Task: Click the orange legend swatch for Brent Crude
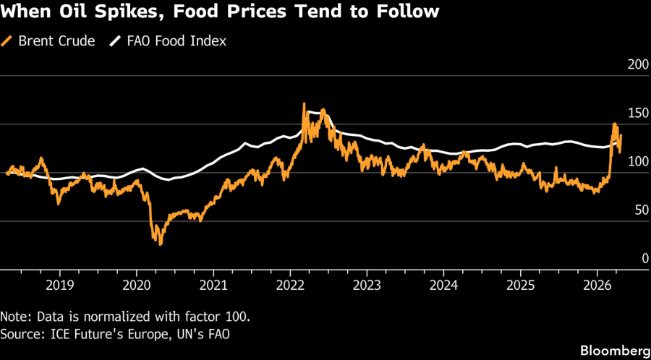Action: (9, 41)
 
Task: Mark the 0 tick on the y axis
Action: (643, 259)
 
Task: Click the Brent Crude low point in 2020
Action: (160, 244)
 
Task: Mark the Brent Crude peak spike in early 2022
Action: (304, 104)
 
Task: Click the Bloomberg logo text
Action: (613, 350)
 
